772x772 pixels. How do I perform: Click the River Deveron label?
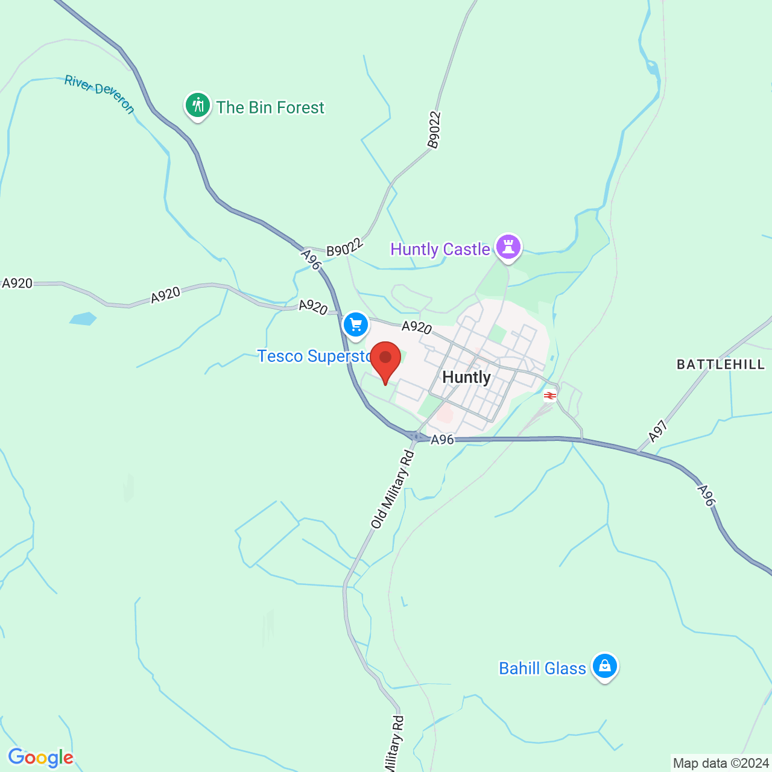tap(100, 94)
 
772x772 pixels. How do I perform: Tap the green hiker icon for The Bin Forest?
tap(197, 106)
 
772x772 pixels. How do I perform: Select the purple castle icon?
tap(508, 247)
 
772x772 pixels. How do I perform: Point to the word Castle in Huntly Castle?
tap(466, 249)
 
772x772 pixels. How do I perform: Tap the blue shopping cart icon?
tap(356, 325)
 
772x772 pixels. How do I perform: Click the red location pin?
tap(385, 359)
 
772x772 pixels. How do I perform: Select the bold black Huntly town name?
tap(466, 378)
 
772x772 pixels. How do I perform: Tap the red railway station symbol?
tap(549, 396)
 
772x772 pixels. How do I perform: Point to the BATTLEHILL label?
tap(720, 364)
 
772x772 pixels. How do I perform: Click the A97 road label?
tap(658, 431)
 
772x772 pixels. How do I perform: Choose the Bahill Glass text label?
tap(542, 668)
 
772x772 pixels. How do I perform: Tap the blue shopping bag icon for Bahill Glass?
tap(604, 666)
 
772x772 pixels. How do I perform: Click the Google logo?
tap(41, 758)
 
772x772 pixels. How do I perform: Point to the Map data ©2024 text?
tap(721, 763)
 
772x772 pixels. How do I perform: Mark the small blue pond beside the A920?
tap(83, 318)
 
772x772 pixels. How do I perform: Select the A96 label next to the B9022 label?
tap(310, 259)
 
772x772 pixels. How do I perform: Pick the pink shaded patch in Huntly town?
tap(445, 414)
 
